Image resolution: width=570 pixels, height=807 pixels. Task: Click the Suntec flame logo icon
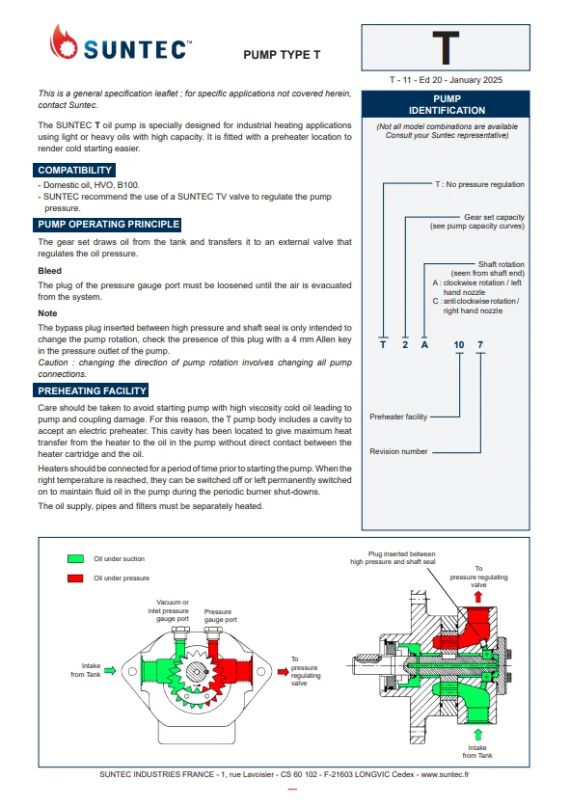[x=64, y=42]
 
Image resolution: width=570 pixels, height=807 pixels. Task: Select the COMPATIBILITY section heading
[x=74, y=171]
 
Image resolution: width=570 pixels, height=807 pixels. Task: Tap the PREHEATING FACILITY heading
[x=91, y=390]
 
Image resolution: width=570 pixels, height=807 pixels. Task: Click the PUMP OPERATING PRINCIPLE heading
[x=108, y=225]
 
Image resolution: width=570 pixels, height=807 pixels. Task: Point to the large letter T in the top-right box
[x=446, y=48]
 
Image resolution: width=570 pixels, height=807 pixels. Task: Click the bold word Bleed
[x=49, y=271]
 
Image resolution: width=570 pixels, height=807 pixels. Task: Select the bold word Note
[x=47, y=313]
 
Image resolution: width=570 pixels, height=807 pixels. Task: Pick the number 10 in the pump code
[x=459, y=345]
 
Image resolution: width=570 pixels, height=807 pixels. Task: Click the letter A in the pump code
[x=424, y=345]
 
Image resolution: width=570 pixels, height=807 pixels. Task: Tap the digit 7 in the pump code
[x=480, y=345]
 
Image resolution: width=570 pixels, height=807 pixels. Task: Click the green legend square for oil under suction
[x=75, y=559]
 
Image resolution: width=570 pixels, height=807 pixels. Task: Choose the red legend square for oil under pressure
[x=75, y=578]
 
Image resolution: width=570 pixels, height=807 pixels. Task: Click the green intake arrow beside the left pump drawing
[x=110, y=670]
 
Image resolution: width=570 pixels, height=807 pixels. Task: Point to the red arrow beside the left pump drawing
[x=284, y=672]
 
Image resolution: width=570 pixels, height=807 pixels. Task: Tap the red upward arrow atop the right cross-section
[x=478, y=597]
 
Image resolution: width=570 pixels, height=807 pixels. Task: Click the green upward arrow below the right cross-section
[x=477, y=735]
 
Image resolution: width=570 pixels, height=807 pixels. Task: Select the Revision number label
[x=398, y=451]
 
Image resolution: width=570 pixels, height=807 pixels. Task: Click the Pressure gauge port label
[x=220, y=615]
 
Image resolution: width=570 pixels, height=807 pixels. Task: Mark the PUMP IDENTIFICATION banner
[x=446, y=104]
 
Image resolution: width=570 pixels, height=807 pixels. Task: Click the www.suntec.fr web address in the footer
[x=445, y=774]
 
